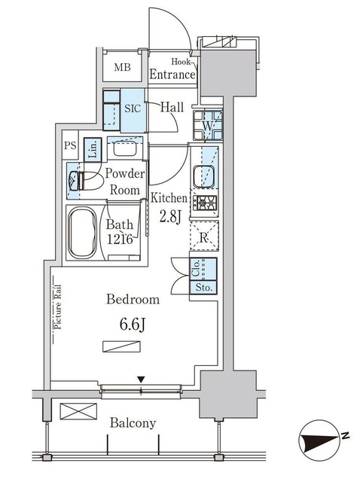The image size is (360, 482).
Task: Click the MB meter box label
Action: pyautogui.click(x=122, y=67)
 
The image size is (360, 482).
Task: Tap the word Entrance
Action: pyautogui.click(x=172, y=75)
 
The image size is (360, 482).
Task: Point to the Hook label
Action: pyautogui.click(x=181, y=62)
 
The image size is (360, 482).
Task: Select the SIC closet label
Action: pyautogui.click(x=133, y=108)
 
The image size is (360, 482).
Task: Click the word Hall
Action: pyautogui.click(x=172, y=107)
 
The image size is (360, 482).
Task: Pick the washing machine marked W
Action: pyautogui.click(x=208, y=126)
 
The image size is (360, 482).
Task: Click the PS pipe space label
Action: pyautogui.click(x=70, y=145)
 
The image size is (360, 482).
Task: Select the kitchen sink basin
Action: pyautogui.click(x=203, y=176)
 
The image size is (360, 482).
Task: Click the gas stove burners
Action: pyautogui.click(x=204, y=203)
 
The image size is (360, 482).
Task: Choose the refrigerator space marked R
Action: pyautogui.click(x=204, y=236)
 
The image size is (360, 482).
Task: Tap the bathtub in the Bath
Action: pyautogui.click(x=82, y=233)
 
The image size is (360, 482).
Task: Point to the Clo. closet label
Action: pyautogui.click(x=196, y=268)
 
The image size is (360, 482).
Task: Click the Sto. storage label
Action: pyautogui.click(x=204, y=288)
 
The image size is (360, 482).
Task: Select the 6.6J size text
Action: pyautogui.click(x=133, y=325)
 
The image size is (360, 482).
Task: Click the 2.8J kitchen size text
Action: pyautogui.click(x=169, y=217)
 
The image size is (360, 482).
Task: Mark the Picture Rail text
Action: pyautogui.click(x=57, y=307)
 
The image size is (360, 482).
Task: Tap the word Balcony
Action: pyautogui.click(x=133, y=423)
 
